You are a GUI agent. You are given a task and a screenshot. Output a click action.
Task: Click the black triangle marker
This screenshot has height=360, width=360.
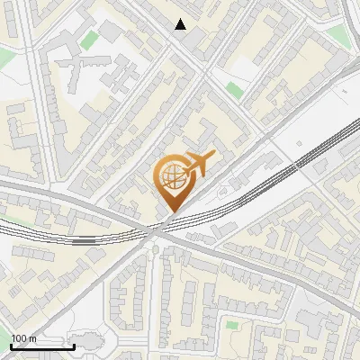(181, 24)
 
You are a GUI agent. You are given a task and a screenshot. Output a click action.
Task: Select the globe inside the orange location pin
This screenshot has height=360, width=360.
(172, 180)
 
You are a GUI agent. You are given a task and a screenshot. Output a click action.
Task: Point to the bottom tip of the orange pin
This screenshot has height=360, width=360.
(171, 212)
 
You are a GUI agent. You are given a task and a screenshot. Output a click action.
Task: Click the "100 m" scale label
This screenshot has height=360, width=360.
(24, 338)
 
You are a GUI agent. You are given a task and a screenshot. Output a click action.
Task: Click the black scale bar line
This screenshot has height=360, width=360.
(43, 346)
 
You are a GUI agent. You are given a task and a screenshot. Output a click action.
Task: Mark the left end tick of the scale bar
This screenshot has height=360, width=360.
(12, 345)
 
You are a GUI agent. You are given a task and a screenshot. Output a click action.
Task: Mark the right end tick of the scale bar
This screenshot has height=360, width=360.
(75, 345)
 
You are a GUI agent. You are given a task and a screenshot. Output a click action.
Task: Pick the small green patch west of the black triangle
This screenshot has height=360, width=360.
(89, 40)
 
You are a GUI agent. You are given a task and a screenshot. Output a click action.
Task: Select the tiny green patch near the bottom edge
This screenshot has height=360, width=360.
(232, 325)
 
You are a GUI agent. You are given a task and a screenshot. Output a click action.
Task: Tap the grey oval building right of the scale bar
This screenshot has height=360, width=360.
(89, 342)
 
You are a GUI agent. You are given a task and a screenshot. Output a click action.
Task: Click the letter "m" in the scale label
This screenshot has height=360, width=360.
(32, 338)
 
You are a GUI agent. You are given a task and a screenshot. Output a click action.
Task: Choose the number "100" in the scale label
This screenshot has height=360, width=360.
(20, 338)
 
